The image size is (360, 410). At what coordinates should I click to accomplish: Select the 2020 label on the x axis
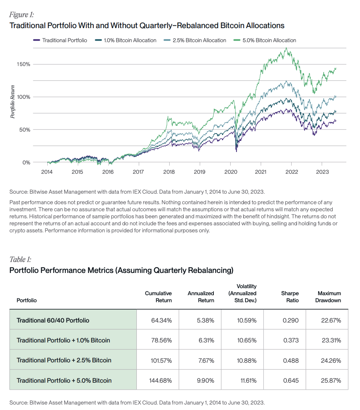tap(230, 172)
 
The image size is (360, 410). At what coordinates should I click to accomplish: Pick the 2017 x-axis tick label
tap(138, 172)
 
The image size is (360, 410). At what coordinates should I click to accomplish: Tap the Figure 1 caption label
tap(21, 15)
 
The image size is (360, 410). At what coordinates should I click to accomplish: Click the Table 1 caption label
tap(20, 259)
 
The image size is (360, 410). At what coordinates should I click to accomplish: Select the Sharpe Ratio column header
tap(290, 297)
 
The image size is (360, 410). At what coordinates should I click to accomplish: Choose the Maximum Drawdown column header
tap(329, 297)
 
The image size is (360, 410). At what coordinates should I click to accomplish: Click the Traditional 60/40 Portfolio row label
tap(53, 320)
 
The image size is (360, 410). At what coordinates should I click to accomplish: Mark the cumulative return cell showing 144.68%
tap(161, 380)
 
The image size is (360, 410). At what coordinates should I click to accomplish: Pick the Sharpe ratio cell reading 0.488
tap(290, 360)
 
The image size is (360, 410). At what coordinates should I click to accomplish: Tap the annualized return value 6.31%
tap(206, 340)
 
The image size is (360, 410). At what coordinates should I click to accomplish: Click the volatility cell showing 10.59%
tap(247, 321)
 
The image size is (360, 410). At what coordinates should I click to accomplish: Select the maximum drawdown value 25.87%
tap(331, 380)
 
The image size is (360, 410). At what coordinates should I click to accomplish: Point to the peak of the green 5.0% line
tap(287, 48)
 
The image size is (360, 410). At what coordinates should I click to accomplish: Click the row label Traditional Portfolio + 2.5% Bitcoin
tap(64, 360)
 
